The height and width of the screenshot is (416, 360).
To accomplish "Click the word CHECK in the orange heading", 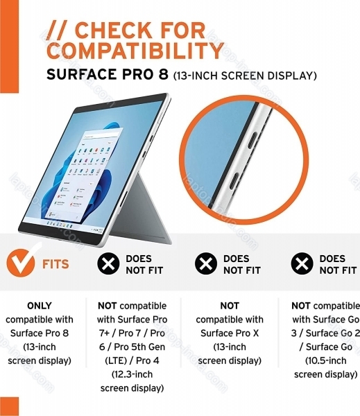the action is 115,31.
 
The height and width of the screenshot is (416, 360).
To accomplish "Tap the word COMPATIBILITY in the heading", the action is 135,51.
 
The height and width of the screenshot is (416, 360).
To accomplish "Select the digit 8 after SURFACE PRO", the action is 162,74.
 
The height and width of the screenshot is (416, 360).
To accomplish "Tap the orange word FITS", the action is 55,264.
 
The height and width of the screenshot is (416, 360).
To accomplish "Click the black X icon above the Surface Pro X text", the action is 206,263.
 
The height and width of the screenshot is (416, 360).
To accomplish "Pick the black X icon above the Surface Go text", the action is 302,263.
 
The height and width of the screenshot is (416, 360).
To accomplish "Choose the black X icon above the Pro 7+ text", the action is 108,263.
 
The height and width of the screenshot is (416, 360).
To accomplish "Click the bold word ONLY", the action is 40,306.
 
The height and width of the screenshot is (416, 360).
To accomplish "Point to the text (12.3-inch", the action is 132,374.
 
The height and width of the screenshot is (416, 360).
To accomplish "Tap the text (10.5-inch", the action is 326,361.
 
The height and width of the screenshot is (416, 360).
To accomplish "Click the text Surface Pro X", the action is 230,333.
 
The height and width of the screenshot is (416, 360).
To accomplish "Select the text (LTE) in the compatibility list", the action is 116,361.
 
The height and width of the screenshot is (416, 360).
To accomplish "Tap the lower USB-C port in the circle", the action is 234,181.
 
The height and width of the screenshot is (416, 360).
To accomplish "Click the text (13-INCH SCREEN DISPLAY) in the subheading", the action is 245,76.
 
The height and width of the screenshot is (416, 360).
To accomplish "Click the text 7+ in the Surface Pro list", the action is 104,333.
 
